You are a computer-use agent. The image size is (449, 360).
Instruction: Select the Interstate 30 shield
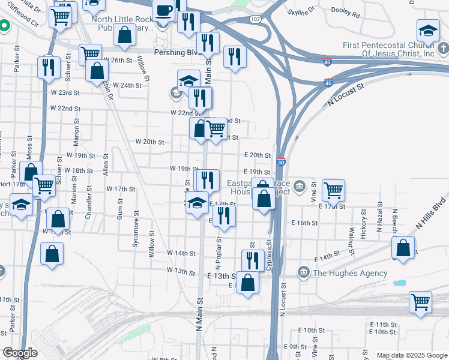281,162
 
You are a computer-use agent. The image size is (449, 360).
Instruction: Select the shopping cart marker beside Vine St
333,191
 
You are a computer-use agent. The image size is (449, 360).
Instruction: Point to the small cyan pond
399,282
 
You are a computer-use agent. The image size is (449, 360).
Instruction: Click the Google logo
20,353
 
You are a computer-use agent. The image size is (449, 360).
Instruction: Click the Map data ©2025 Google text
411,355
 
